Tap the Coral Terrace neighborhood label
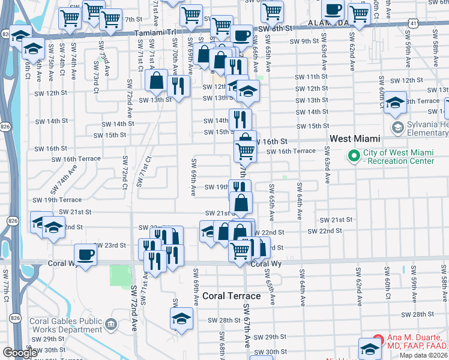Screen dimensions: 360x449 [x=231, y=296]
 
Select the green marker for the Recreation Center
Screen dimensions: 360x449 [x=354, y=156]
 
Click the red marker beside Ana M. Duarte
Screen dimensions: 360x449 [x=378, y=340]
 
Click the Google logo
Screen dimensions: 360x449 [x=20, y=352]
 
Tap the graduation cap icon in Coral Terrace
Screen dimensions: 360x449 [x=181, y=319]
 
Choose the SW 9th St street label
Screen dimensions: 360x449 [x=304, y=41]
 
